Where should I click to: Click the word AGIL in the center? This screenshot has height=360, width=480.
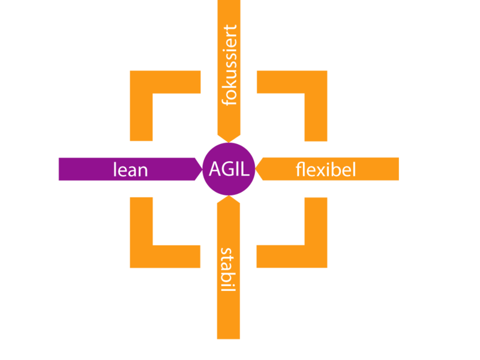click(x=229, y=170)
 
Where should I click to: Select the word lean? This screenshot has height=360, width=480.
click(x=130, y=170)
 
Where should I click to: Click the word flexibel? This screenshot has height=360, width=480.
click(x=326, y=170)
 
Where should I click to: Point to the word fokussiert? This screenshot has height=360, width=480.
click(x=229, y=65)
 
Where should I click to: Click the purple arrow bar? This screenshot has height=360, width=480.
click(x=90, y=169)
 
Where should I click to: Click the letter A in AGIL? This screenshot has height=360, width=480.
click(x=215, y=170)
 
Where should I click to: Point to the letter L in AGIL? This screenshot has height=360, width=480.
click(x=245, y=170)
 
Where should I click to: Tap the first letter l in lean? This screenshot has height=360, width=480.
click(x=115, y=170)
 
